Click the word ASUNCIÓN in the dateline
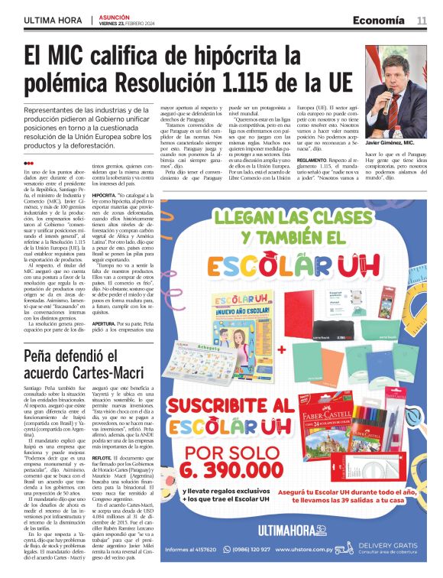[112, 15]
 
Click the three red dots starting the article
[28, 163]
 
